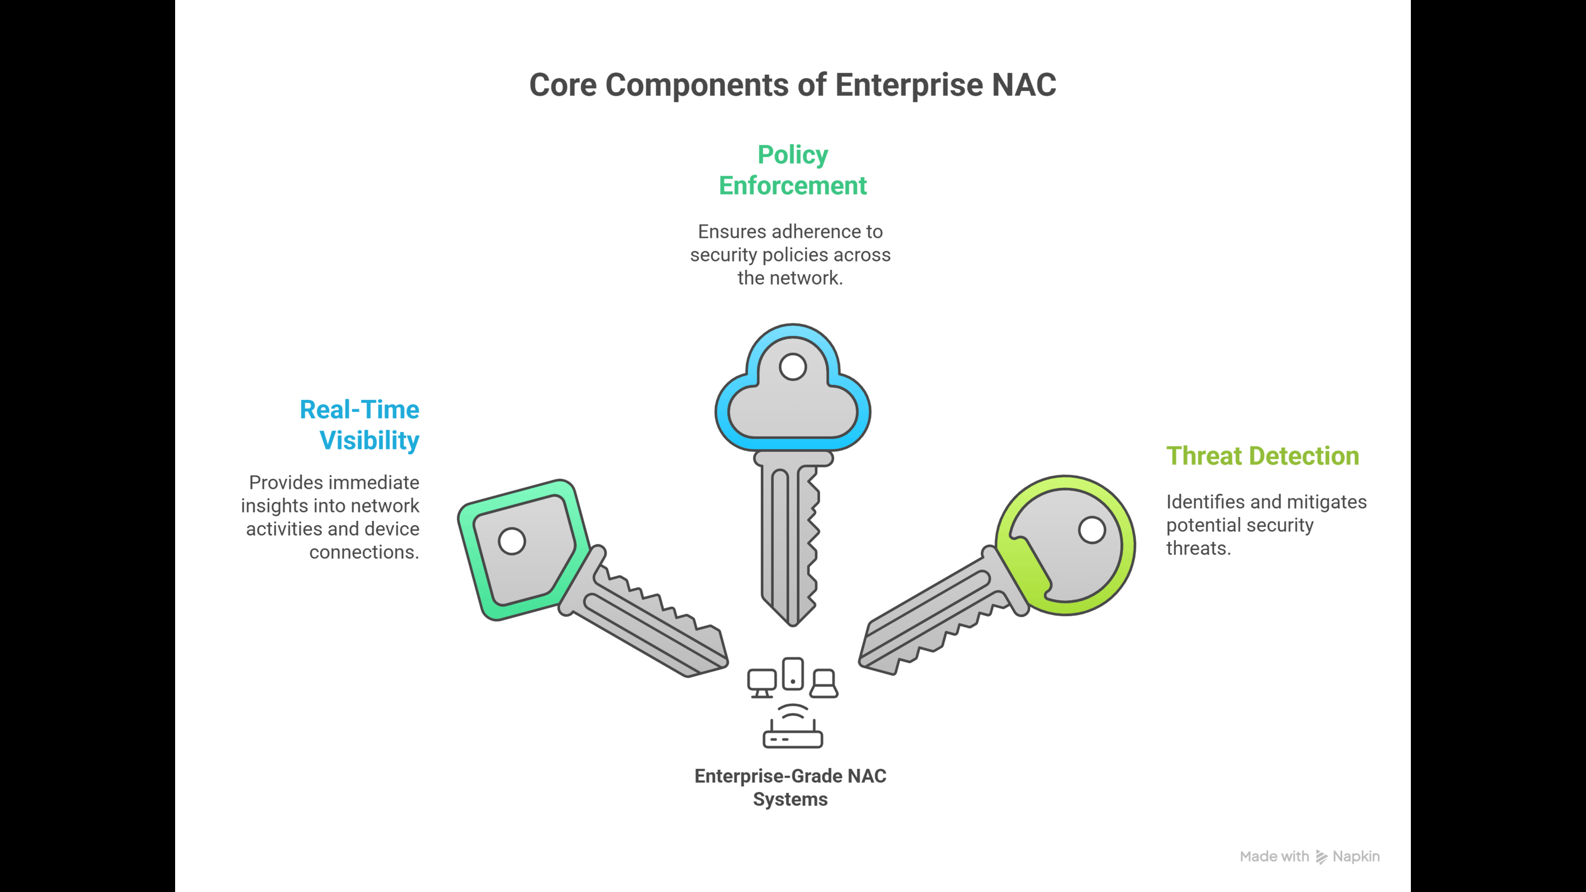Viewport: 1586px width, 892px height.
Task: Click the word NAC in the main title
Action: tap(1024, 85)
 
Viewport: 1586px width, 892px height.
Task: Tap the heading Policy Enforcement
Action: tap(792, 170)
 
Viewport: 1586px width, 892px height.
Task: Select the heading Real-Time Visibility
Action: tap(360, 425)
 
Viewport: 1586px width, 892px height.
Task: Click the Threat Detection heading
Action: tap(1263, 455)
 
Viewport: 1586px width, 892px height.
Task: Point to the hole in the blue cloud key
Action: tap(792, 367)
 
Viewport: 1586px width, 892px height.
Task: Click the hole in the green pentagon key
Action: tap(512, 541)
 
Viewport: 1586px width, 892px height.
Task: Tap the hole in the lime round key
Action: tap(1092, 530)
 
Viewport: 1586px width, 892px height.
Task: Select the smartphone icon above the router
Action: tap(793, 673)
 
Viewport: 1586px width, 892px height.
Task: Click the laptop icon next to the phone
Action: tap(824, 683)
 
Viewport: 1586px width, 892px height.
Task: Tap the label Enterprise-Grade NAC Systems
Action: tap(791, 787)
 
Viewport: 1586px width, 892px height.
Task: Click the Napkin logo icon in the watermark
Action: tap(1321, 857)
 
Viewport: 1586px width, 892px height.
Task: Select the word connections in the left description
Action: tap(365, 552)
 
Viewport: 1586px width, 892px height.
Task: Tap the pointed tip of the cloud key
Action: tap(793, 626)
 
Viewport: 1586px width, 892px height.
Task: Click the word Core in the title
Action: tap(563, 85)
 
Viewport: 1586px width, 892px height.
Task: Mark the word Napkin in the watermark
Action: tap(1356, 857)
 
